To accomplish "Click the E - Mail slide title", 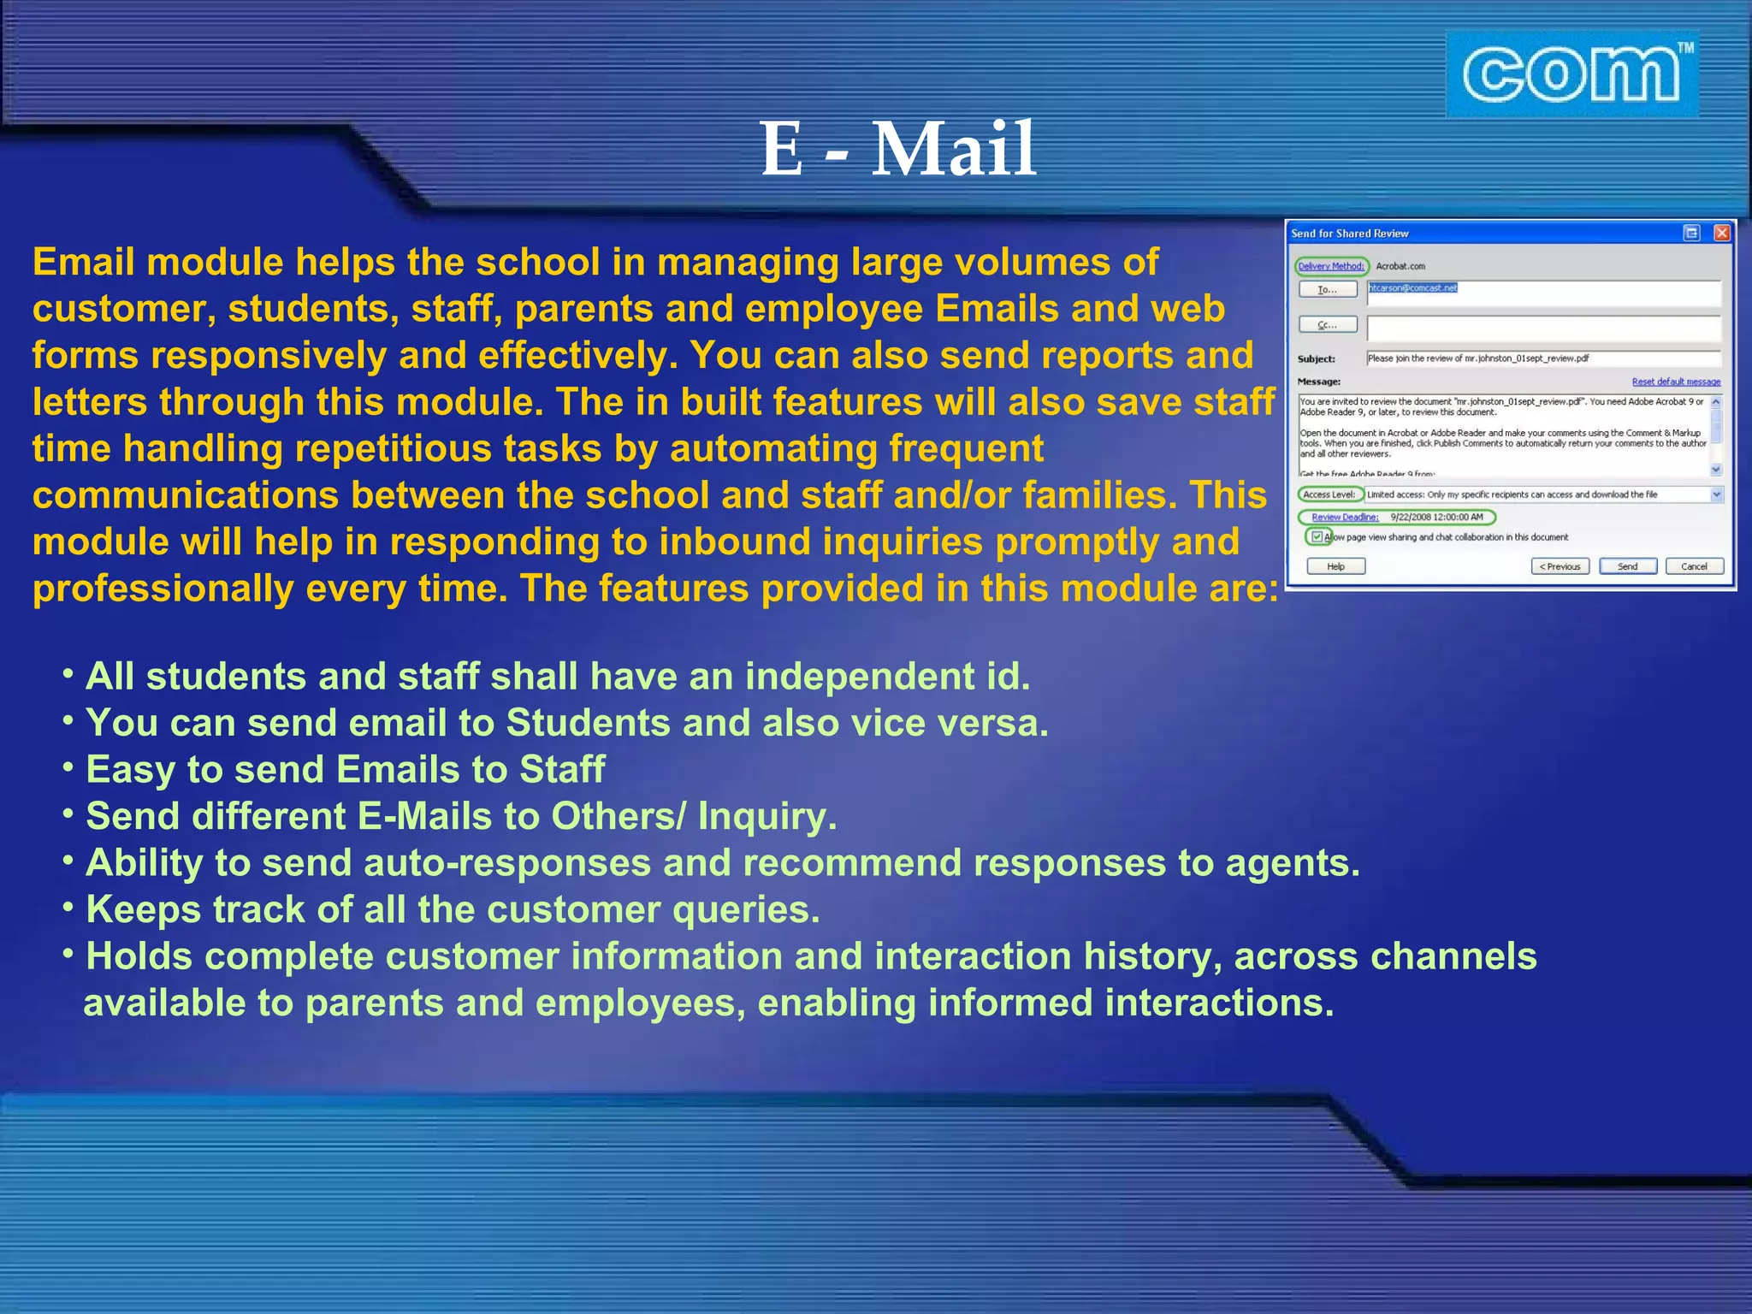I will (x=898, y=150).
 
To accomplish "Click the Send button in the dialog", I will (x=1627, y=566).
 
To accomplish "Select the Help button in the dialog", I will (x=1335, y=566).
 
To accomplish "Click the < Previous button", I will (x=1560, y=566).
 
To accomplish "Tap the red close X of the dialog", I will (x=1722, y=233).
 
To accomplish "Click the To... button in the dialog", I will (x=1327, y=290).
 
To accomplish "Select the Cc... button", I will (x=1327, y=325).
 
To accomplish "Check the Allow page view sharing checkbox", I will (x=1317, y=536).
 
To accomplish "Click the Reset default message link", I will (x=1675, y=382).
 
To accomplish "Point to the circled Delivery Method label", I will (x=1331, y=266).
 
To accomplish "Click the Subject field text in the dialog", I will (x=1477, y=358).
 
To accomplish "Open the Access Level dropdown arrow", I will (x=1716, y=494).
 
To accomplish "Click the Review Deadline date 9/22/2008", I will (x=1436, y=517).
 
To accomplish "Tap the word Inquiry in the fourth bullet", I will (x=766, y=816).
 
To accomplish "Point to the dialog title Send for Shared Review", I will (x=1349, y=234).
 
